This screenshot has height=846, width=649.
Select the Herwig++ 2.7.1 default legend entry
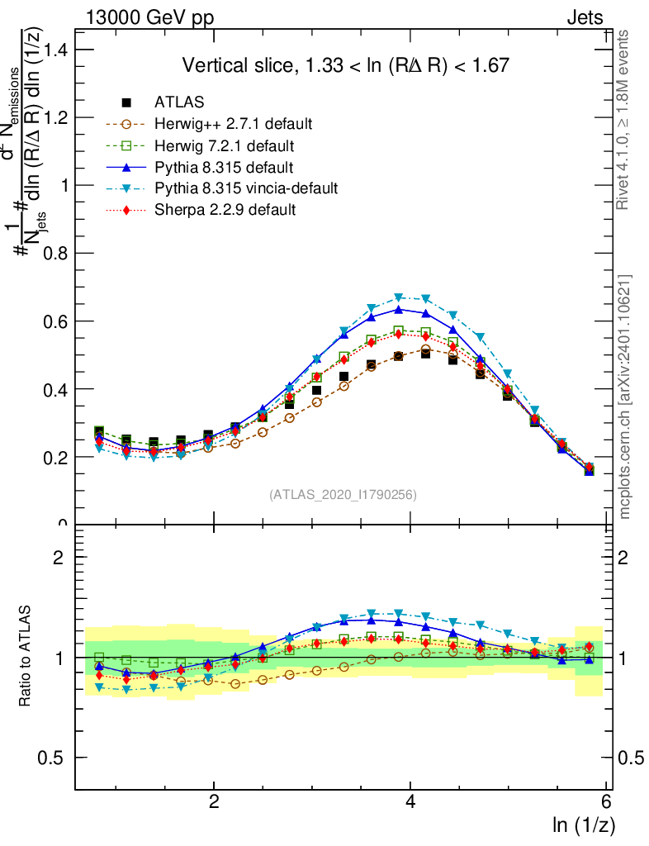pyautogui.click(x=233, y=124)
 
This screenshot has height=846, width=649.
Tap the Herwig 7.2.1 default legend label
pyautogui.click(x=225, y=145)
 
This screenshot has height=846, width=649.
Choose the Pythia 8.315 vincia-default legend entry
pyautogui.click(x=246, y=188)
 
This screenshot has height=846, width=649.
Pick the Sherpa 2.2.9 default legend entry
pyautogui.click(x=225, y=210)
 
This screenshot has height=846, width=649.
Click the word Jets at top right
pyautogui.click(x=584, y=17)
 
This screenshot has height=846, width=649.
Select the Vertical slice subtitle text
pyautogui.click(x=345, y=65)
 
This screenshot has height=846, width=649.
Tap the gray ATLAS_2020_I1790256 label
pyautogui.click(x=343, y=495)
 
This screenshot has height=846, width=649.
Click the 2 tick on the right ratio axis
pyautogui.click(x=626, y=557)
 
